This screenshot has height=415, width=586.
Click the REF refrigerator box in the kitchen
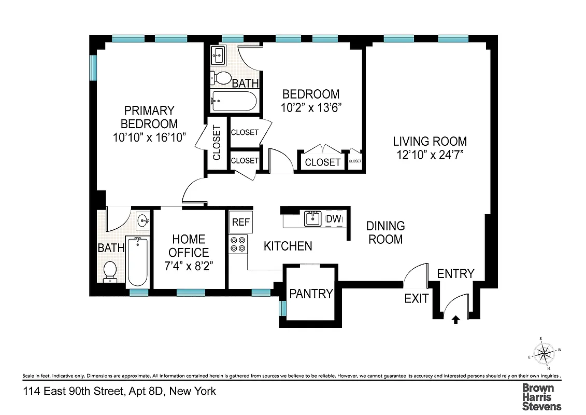240,222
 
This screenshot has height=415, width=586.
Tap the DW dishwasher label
334,219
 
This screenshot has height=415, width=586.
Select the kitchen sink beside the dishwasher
312,219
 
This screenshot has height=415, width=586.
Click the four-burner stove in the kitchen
238,244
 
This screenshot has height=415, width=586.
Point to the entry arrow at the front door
456,320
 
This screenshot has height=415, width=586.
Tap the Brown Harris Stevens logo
541,397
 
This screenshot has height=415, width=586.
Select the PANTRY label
311,294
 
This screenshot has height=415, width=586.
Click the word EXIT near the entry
417,299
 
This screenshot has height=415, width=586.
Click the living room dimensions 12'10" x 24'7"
430,155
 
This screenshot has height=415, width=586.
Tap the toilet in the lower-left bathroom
110,271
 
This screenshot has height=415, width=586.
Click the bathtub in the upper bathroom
234,101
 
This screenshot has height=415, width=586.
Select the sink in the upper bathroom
219,54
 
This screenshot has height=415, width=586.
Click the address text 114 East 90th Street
119,391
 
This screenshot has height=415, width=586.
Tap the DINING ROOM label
385,232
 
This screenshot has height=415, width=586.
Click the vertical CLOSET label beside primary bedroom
217,143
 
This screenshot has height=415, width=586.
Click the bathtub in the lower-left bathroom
138,262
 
